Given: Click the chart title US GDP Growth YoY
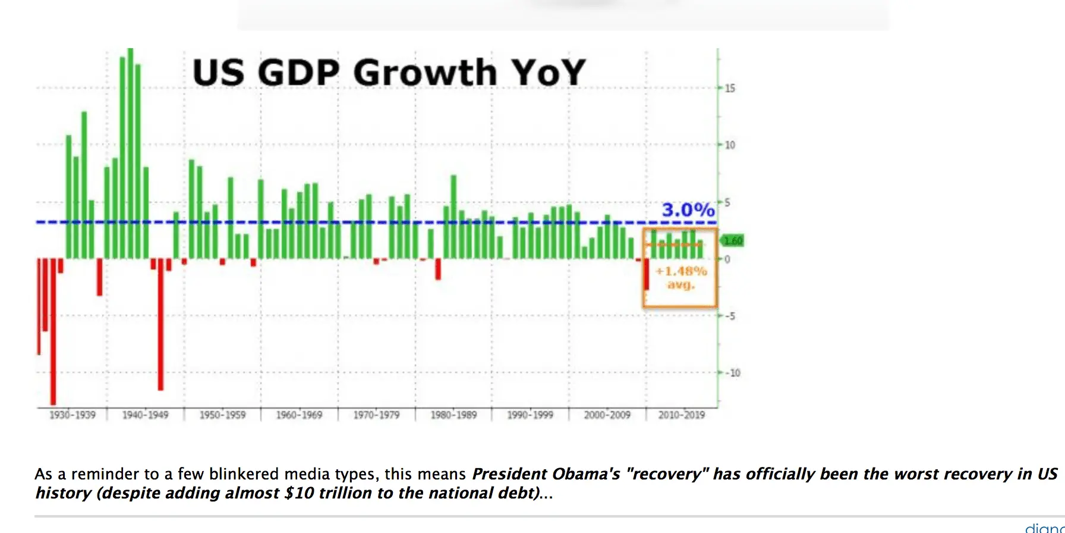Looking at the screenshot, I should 389,73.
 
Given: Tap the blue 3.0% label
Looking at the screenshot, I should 688,210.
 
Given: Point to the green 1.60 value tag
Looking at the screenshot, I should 733,241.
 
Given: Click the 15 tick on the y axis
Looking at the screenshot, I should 730,88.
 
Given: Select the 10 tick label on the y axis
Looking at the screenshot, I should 730,145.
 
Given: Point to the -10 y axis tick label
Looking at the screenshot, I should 733,373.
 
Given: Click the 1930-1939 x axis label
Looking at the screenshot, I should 73,415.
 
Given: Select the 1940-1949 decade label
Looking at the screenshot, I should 146,415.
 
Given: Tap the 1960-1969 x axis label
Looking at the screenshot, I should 299,415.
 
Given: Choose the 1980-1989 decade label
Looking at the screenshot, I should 453,415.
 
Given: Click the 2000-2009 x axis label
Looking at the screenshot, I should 607,415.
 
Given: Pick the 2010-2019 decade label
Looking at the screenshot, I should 681,415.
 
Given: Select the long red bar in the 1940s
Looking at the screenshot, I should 160,324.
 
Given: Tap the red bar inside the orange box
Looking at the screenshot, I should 647,274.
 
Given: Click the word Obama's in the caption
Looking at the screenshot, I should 586,474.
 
